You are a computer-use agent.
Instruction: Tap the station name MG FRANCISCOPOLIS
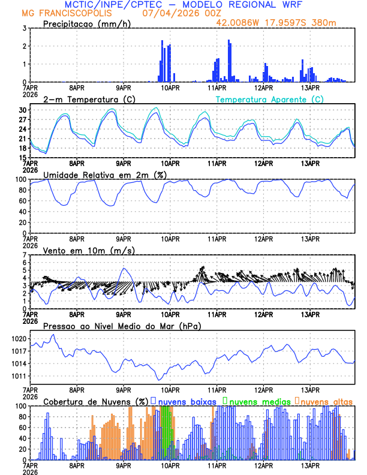67,13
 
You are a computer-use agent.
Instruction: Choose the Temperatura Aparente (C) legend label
270,99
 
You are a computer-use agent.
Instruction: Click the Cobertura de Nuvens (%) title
95,401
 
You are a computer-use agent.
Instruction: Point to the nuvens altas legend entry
326,401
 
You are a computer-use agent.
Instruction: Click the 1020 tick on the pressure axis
19,339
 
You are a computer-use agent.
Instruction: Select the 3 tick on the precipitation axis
25,28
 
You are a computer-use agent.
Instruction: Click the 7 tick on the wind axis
25,255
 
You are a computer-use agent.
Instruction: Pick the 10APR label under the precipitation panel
170,88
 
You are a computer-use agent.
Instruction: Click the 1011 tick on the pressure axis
19,377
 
